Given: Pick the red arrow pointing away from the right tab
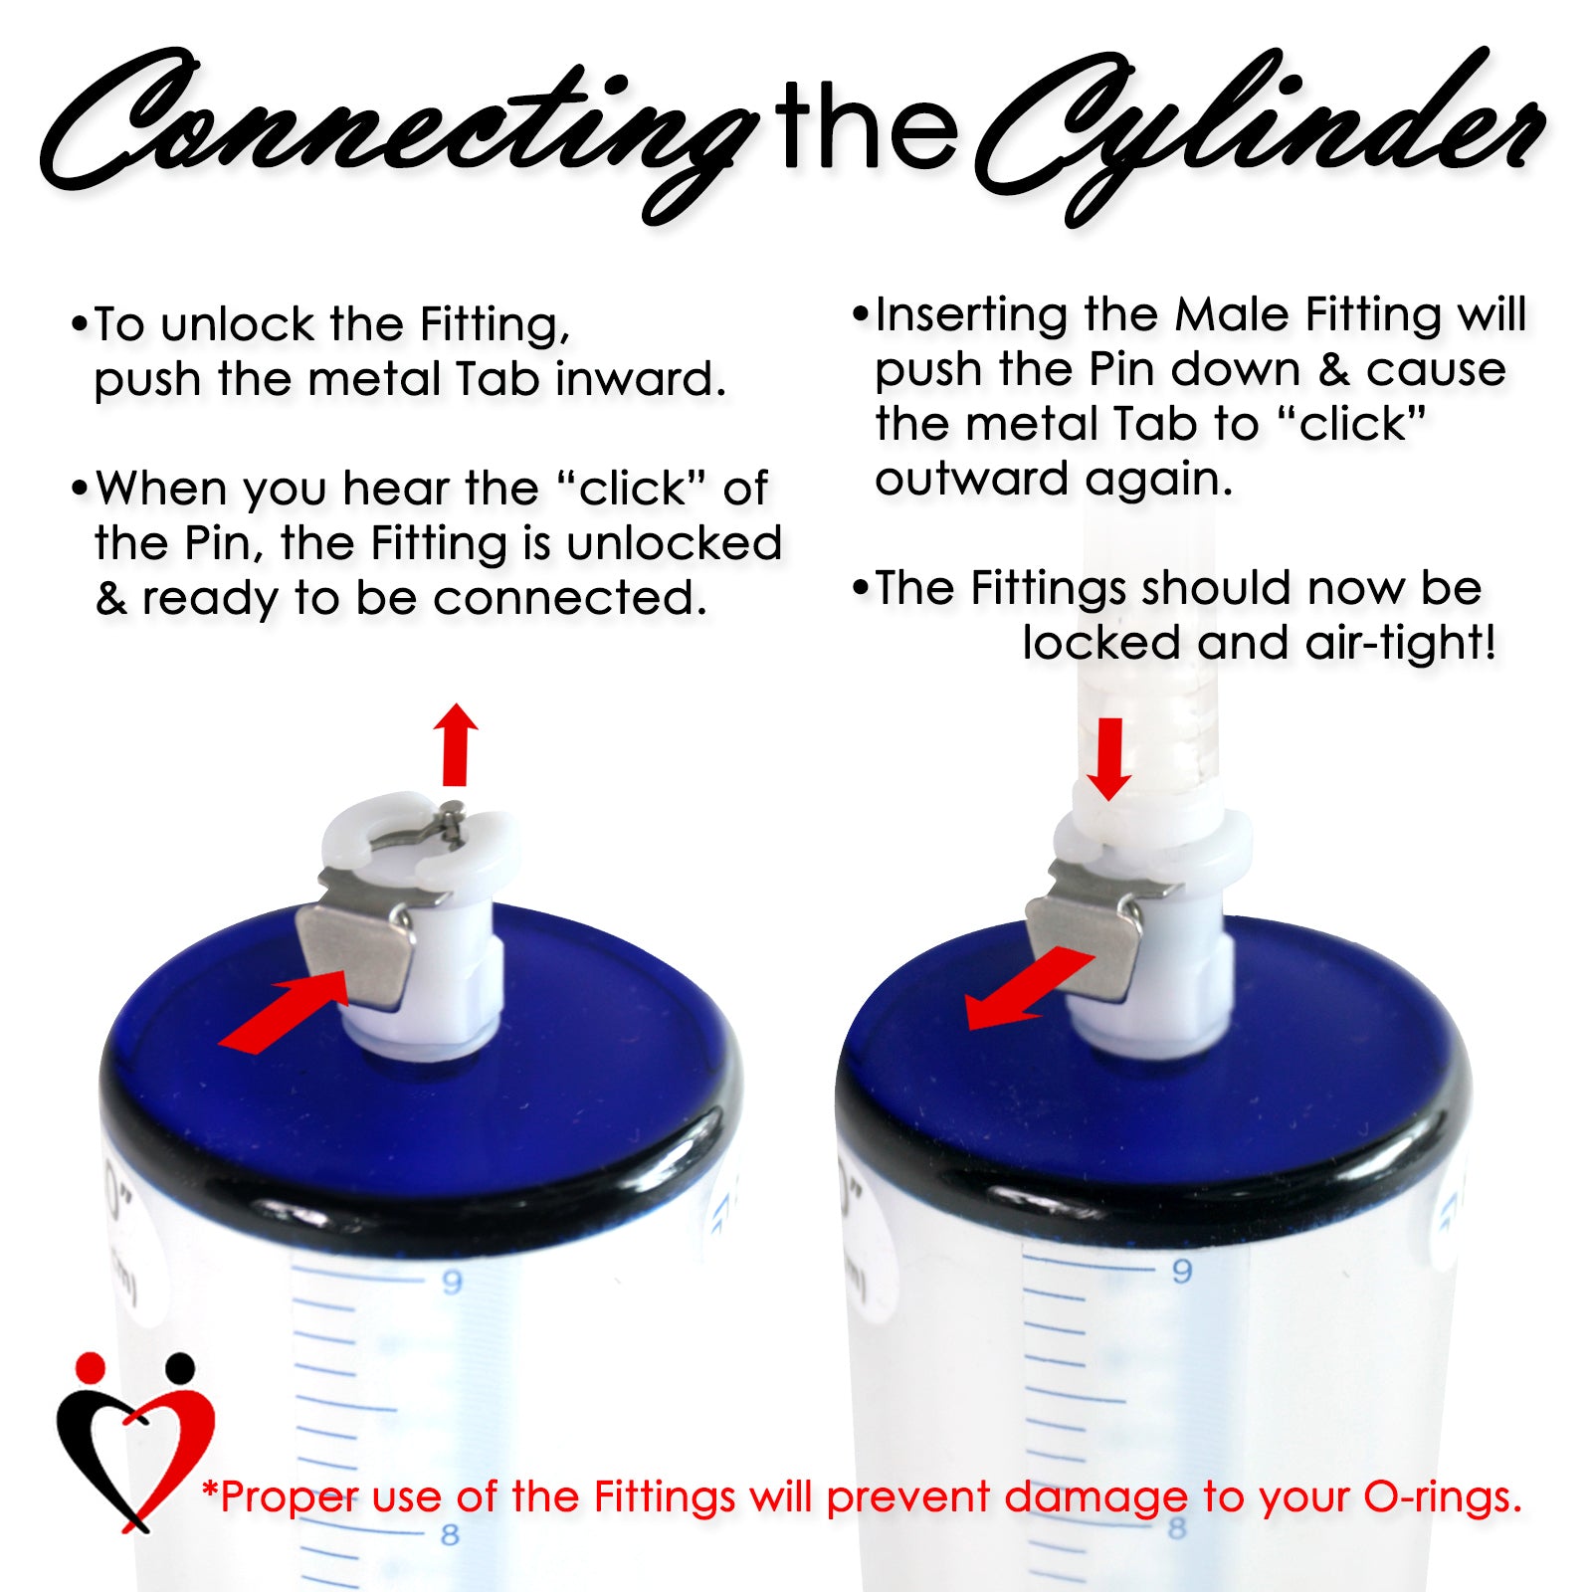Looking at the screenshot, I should click(1030, 990).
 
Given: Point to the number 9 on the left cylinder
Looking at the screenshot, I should click(452, 1282).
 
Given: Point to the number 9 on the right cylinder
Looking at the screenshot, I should click(1181, 1271).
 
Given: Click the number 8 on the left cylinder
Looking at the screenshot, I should click(450, 1535).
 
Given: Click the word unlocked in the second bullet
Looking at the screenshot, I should click(674, 543).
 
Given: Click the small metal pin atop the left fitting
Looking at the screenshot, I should click(453, 821).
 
